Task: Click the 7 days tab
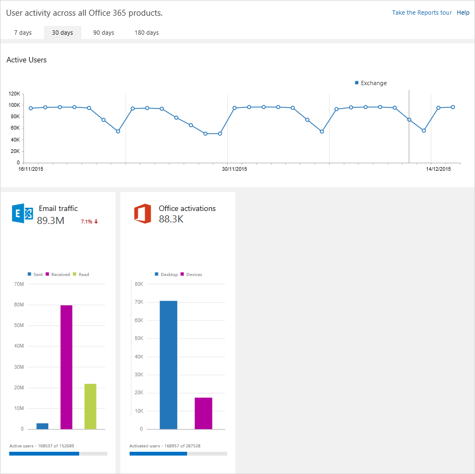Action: click(x=23, y=33)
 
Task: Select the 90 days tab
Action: click(x=104, y=33)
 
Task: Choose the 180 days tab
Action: click(x=146, y=33)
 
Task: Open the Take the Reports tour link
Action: click(x=421, y=12)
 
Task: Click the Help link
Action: click(x=463, y=12)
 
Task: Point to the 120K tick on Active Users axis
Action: click(x=15, y=94)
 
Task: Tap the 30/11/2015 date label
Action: click(x=234, y=169)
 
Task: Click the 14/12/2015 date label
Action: click(x=438, y=169)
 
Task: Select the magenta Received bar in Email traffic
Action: click(x=66, y=367)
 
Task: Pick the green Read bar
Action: click(x=90, y=406)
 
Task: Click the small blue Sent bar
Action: click(x=42, y=426)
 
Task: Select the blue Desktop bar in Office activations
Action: click(x=168, y=364)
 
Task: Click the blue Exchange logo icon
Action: click(x=22, y=214)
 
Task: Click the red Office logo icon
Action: click(x=143, y=214)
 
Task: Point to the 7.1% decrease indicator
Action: click(x=89, y=221)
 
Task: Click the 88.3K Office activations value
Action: click(x=171, y=219)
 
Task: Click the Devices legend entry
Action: click(x=193, y=274)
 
